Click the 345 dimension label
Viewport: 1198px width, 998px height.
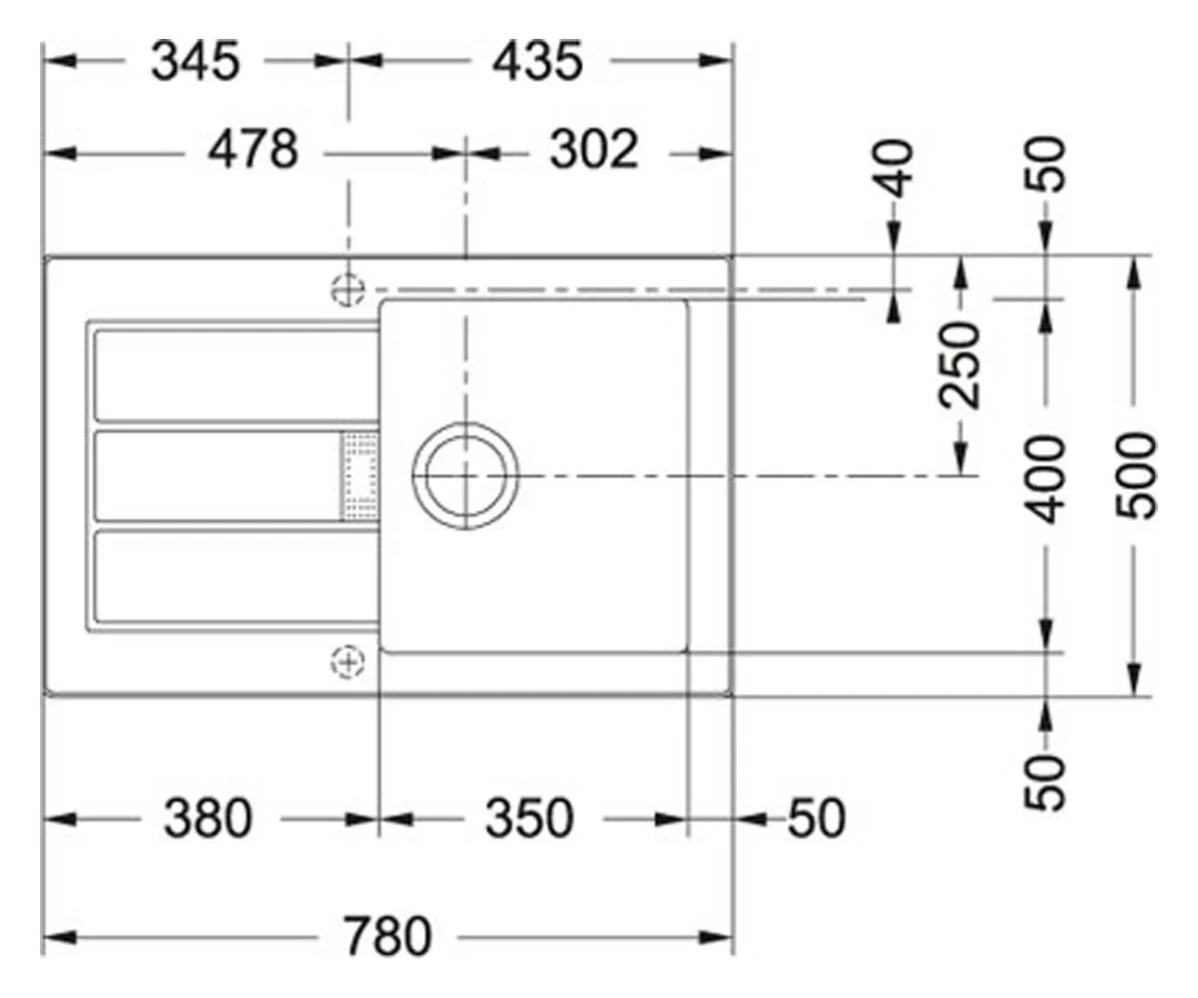[195, 61]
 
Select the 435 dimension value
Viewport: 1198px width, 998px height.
[538, 61]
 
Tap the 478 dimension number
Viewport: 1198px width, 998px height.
[253, 149]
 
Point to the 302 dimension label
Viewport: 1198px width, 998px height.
[594, 149]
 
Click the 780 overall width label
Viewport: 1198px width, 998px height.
[386, 937]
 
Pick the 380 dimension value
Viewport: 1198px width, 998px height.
[208, 818]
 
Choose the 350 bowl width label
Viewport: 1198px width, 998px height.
[529, 818]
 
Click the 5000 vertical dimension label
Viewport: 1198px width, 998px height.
[1136, 477]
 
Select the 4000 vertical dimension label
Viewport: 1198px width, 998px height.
[1045, 479]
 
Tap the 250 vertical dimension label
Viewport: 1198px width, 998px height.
[959, 365]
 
